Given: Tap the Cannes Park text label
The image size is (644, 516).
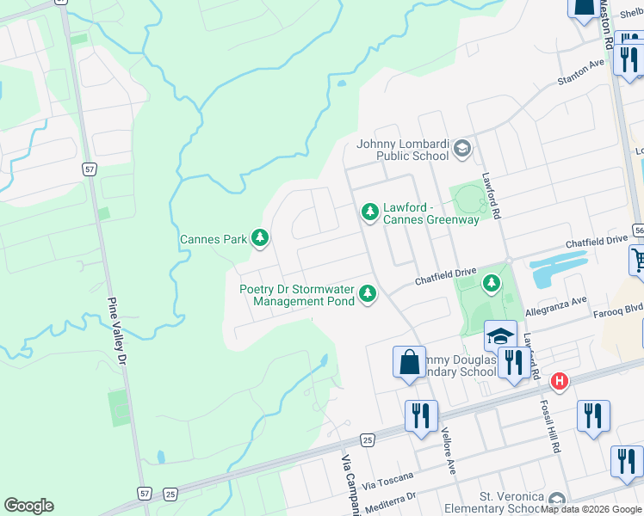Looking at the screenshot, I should click(x=213, y=239).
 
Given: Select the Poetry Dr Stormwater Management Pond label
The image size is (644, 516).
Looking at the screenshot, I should click(x=297, y=295).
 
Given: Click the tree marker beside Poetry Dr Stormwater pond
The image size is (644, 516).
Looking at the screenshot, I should click(x=368, y=294).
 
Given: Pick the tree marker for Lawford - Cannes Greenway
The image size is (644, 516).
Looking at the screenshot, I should click(x=369, y=211).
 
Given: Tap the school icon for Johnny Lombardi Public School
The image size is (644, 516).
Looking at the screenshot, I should click(x=462, y=149).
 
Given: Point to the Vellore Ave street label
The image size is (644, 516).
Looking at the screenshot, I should click(x=448, y=451).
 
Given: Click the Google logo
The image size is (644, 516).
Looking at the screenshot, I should click(x=28, y=506).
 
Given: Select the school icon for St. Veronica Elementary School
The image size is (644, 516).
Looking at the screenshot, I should click(x=557, y=501).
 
